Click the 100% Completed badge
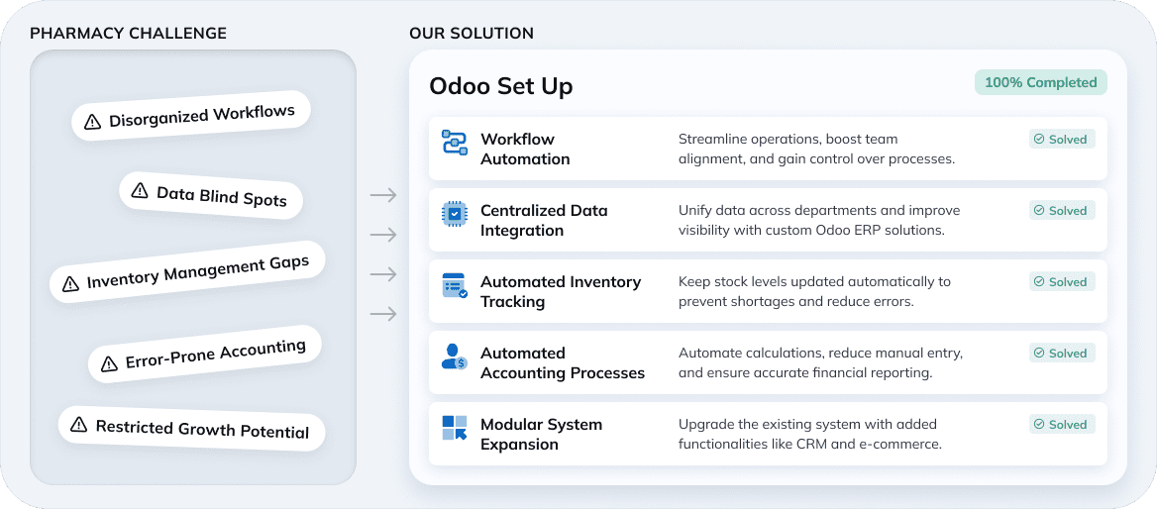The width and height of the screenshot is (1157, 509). (1040, 82)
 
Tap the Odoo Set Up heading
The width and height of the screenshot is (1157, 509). (500, 86)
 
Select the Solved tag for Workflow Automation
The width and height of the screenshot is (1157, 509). (1061, 140)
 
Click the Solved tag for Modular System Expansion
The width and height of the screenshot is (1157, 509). (1061, 425)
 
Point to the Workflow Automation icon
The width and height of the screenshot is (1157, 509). (454, 142)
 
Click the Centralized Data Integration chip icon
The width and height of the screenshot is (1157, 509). (454, 213)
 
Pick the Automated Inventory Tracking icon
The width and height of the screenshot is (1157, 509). (454, 285)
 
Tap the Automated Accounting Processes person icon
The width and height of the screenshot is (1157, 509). (454, 356)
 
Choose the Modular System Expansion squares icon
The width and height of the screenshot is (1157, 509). (454, 428)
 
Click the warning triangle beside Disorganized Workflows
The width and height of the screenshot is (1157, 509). (92, 122)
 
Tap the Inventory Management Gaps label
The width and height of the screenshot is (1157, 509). (197, 268)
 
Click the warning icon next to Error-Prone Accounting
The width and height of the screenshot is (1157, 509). (109, 363)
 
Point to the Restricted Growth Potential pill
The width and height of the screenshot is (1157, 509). (190, 429)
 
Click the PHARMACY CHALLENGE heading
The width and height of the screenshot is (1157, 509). (128, 34)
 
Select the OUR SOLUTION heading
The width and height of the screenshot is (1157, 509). (472, 34)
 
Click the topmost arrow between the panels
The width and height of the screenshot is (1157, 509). (382, 195)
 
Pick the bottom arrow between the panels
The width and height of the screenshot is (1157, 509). (382, 314)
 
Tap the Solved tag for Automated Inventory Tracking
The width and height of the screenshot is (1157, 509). (1061, 282)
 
